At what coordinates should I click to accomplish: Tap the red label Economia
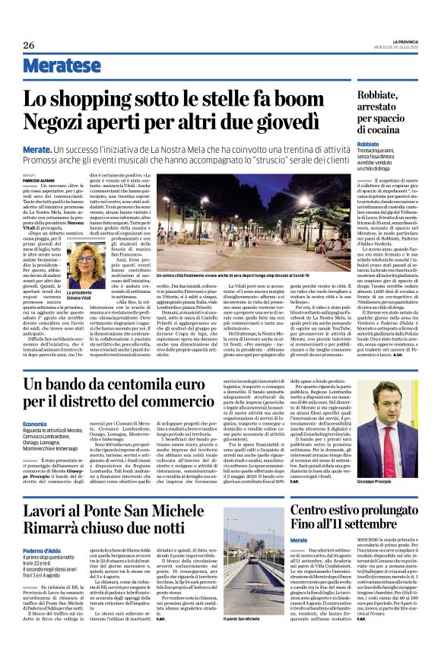pyautogui.click(x=35, y=422)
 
